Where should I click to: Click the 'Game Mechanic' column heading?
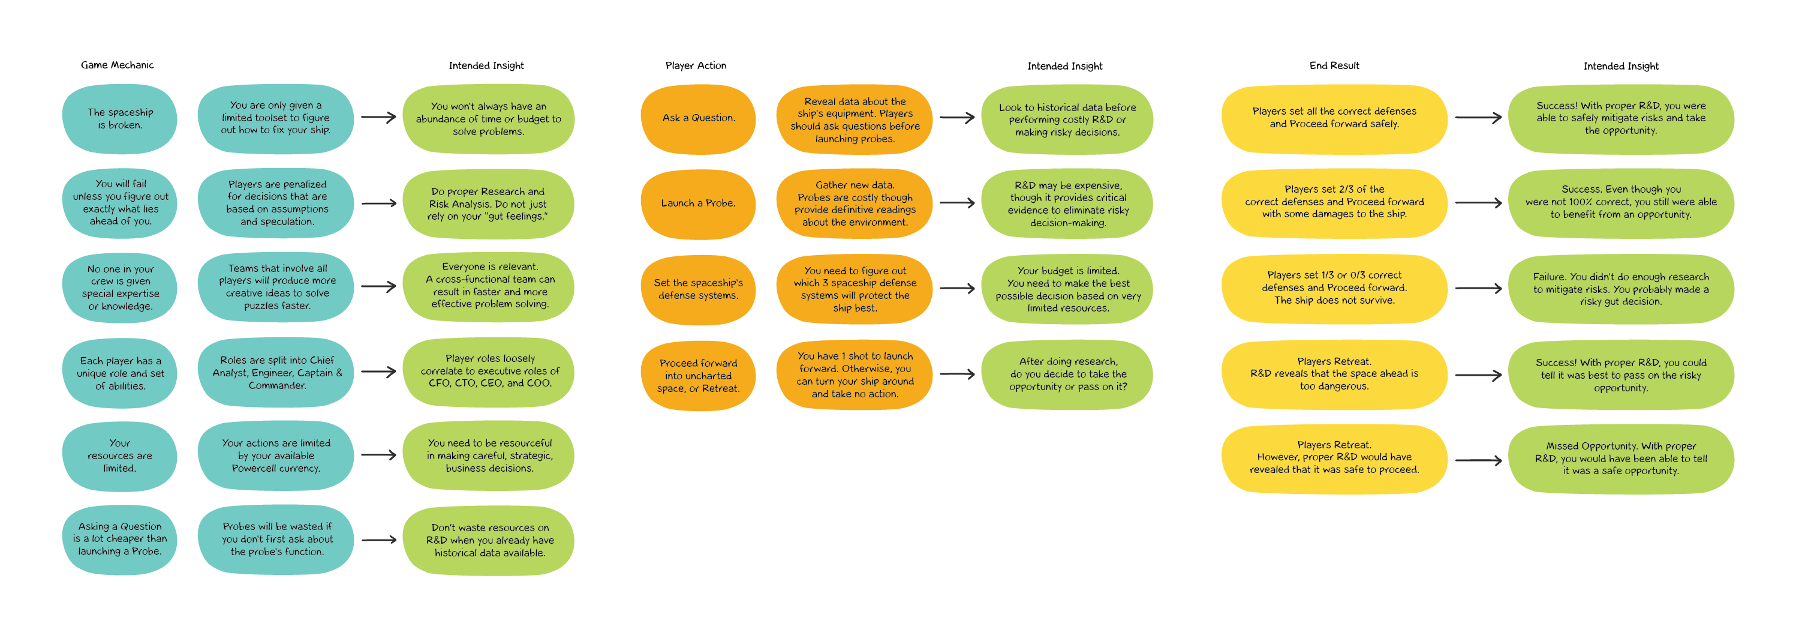click(118, 65)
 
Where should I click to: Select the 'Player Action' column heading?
click(696, 65)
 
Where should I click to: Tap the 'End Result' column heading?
click(1334, 65)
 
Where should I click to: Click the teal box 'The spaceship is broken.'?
click(119, 119)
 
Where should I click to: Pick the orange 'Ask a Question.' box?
click(697, 118)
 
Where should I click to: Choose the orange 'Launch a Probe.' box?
click(697, 203)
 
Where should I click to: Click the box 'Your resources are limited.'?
click(119, 456)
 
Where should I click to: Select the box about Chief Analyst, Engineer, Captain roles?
click(276, 373)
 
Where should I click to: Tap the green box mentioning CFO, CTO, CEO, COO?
click(489, 371)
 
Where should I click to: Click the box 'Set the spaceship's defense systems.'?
click(697, 289)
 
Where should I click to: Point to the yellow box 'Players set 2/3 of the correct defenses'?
click(1334, 202)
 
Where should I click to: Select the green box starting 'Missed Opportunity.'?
click(1620, 459)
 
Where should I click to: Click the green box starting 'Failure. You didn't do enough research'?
click(1620, 289)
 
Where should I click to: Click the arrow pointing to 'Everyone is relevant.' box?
click(378, 286)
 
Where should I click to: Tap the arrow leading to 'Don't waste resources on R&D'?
click(378, 540)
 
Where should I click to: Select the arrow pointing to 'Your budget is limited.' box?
click(956, 288)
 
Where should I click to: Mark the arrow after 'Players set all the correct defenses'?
click(1478, 118)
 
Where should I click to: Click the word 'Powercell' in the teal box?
click(254, 468)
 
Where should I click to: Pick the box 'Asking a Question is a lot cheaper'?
click(119, 539)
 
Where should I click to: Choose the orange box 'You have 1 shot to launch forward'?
click(854, 375)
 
